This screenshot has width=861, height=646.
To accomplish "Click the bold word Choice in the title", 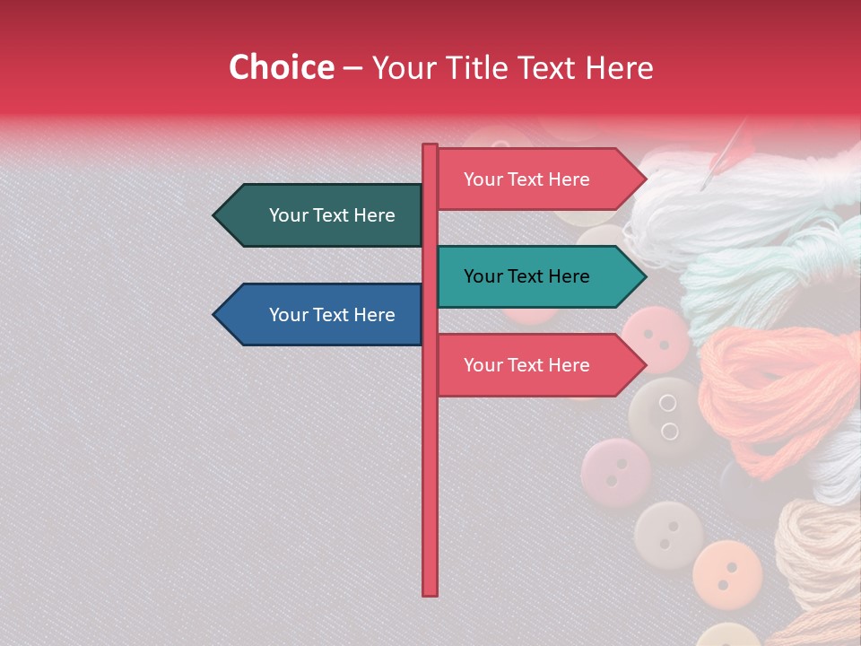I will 281,67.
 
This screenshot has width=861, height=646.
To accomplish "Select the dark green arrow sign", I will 323,215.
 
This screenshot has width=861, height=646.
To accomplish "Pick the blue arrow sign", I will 323,315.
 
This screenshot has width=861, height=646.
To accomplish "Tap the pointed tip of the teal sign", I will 644,276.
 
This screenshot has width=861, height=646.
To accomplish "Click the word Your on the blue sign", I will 288,315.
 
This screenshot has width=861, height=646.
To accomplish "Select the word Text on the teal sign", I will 526,276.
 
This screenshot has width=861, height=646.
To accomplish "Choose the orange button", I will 727,571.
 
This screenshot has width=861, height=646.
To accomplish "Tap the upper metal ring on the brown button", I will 667,403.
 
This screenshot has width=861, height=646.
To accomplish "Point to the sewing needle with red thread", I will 725,154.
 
